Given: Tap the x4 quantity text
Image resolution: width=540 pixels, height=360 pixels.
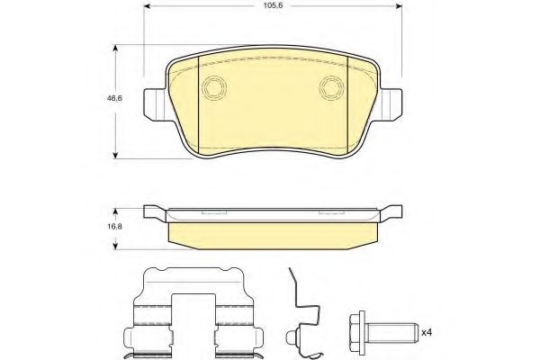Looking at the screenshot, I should [427, 333].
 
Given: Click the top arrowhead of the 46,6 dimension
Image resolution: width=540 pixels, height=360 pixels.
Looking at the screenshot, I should [116, 47].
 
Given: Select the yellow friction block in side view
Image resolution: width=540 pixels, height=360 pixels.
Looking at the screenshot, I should [273, 233].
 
